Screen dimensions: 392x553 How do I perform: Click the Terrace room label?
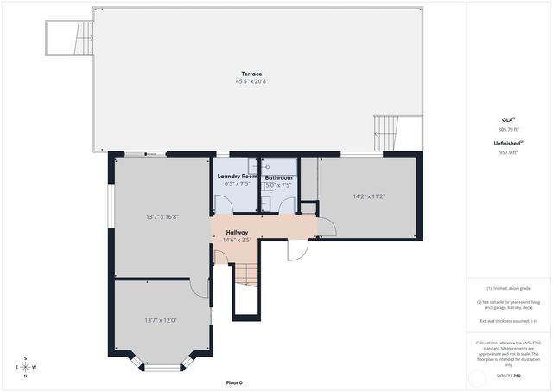point(252,74)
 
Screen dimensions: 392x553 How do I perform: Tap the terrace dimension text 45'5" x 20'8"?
point(252,81)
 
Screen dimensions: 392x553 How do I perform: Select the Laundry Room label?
point(237,177)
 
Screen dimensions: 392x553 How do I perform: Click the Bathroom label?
point(278,177)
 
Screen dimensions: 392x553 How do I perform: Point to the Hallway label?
point(237,232)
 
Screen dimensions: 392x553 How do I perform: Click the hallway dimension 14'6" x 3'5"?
point(237,240)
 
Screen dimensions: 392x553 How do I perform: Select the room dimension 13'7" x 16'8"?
point(162,216)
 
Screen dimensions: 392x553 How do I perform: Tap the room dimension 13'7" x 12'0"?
point(161,320)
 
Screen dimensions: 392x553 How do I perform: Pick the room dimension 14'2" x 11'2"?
point(369,196)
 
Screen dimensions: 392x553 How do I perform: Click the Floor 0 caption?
point(234,382)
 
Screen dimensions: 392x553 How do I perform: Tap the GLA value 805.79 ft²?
point(508,129)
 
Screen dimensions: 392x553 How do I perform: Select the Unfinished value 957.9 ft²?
point(508,152)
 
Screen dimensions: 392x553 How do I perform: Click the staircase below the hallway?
point(246,276)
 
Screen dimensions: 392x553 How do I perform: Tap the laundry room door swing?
point(223,203)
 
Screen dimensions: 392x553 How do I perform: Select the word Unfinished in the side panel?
point(506,143)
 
